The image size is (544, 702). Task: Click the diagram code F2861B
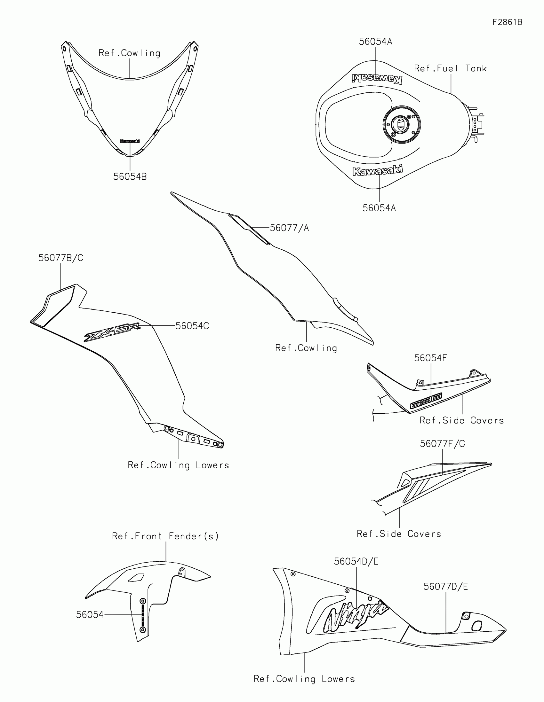pos(507,22)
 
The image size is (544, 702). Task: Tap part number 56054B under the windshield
pos(130,176)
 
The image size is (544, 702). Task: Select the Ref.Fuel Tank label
pos(450,68)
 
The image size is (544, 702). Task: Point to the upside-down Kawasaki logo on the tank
pos(377,78)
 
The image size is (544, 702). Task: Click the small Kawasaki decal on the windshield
pos(130,141)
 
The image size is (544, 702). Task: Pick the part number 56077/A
pos(289,228)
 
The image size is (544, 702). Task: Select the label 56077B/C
pos(61,258)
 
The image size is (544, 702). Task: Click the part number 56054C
pos(192,326)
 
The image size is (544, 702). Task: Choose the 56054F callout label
pos(430,358)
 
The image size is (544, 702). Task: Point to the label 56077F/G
pos(442,444)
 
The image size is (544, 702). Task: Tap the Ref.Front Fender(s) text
pos(165,536)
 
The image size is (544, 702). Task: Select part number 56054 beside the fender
pos(90,615)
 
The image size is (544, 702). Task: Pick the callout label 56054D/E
pos(356,561)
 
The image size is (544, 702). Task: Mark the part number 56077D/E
pos(445,587)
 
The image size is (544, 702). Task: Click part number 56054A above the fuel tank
pos(375,42)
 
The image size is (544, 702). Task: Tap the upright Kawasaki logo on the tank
pos(377,170)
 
